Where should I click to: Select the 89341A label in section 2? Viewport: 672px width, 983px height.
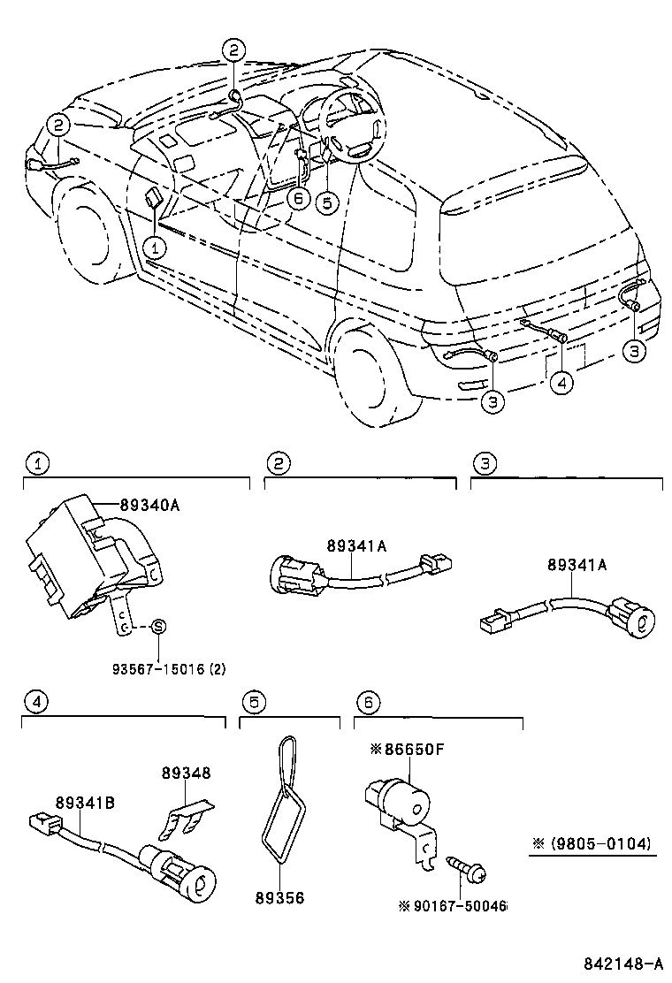pos(356,546)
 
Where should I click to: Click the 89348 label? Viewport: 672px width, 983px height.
pos(186,772)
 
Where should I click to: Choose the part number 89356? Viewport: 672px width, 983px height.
pos(279,897)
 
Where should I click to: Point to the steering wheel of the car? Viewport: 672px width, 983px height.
pos(352,128)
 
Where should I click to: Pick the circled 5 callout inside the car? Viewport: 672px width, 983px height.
pos(327,202)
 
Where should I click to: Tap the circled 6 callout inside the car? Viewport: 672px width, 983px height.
pos(298,198)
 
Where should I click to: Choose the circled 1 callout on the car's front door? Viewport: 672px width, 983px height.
pos(154,245)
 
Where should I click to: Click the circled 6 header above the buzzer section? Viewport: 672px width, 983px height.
pos(367,703)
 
